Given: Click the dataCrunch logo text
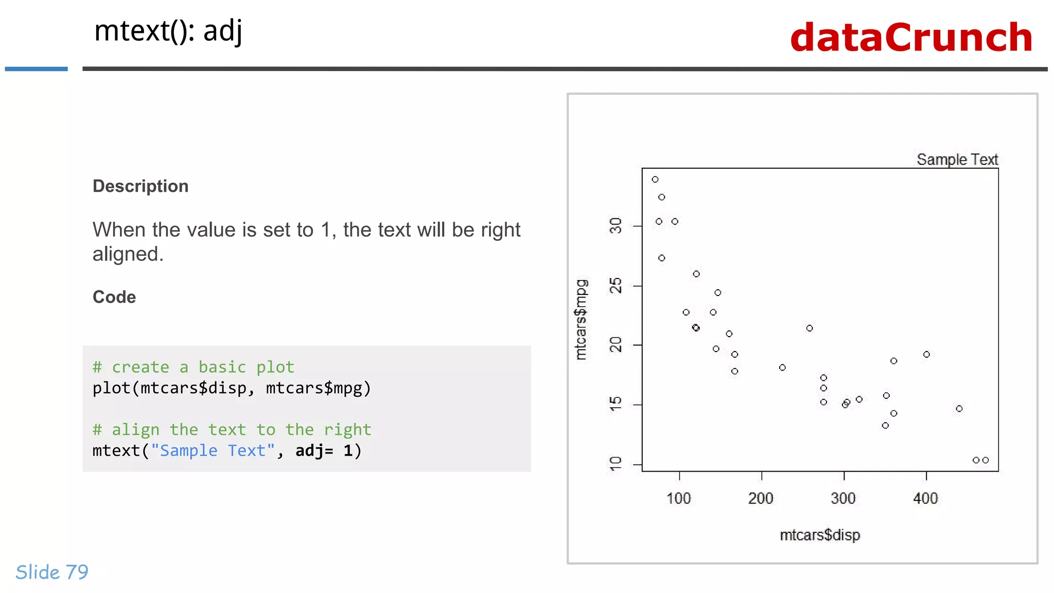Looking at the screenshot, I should tap(911, 38).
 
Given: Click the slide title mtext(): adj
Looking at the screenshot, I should tap(168, 31).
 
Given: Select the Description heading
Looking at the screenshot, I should tap(140, 186).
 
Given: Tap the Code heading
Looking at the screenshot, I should tap(114, 297).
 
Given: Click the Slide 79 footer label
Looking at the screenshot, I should tap(52, 572).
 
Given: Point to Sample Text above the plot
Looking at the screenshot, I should tap(957, 160).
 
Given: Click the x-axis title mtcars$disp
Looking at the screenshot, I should tap(820, 535).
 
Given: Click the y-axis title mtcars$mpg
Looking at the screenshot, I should tap(581, 320).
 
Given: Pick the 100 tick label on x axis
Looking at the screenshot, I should tap(678, 498).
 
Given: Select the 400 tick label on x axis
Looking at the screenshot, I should tap(925, 498).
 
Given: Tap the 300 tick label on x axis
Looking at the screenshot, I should tap(843, 498).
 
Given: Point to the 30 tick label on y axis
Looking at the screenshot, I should tap(616, 225).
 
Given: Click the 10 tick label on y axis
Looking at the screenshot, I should tap(616, 464).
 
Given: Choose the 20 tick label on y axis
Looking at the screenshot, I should tap(616, 345).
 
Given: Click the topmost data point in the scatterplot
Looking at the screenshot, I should tap(655, 180).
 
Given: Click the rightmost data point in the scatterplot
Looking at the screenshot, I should tap(986, 460).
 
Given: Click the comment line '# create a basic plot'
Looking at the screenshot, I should tap(193, 367).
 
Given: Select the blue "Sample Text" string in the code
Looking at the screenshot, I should tap(213, 451).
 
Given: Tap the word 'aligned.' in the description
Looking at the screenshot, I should tap(128, 254).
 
